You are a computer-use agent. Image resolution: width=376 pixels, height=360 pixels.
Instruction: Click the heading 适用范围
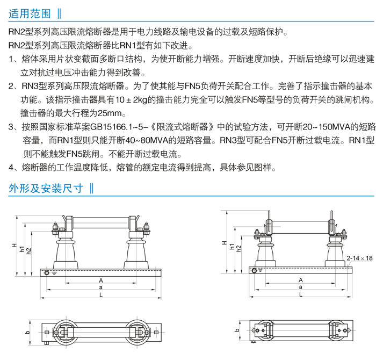(30, 13)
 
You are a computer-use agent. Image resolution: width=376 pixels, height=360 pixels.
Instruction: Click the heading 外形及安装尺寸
(46, 188)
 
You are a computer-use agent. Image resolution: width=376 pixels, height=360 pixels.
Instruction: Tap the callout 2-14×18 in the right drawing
(359, 258)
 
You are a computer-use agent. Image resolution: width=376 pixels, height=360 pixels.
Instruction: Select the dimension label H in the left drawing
(15, 246)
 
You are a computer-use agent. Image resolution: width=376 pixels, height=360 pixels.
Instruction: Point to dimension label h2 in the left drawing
(28, 251)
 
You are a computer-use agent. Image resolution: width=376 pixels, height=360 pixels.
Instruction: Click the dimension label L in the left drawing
(101, 295)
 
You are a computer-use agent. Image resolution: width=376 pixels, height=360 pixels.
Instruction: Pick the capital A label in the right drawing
(301, 280)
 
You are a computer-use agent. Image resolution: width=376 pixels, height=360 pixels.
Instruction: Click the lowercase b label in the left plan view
(28, 332)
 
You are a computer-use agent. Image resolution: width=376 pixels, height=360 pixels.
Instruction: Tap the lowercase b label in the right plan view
(237, 330)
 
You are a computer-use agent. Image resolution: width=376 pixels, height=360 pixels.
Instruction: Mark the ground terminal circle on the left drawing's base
(47, 273)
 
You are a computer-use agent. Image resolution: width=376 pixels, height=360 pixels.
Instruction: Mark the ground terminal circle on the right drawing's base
(254, 271)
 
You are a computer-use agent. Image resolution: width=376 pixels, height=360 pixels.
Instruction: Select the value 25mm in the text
(110, 113)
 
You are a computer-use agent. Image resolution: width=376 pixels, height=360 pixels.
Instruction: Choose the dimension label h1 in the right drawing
(232, 247)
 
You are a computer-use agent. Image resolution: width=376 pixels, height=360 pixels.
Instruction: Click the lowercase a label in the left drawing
(101, 287)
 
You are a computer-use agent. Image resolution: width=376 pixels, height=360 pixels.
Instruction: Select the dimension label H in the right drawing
(224, 243)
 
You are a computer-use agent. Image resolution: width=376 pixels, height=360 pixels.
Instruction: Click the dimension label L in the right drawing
(301, 294)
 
